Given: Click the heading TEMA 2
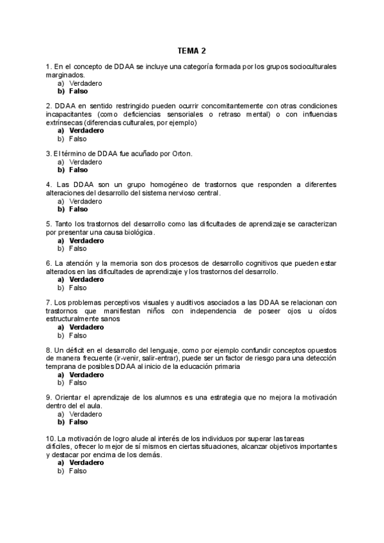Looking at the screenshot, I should point(192,51).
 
